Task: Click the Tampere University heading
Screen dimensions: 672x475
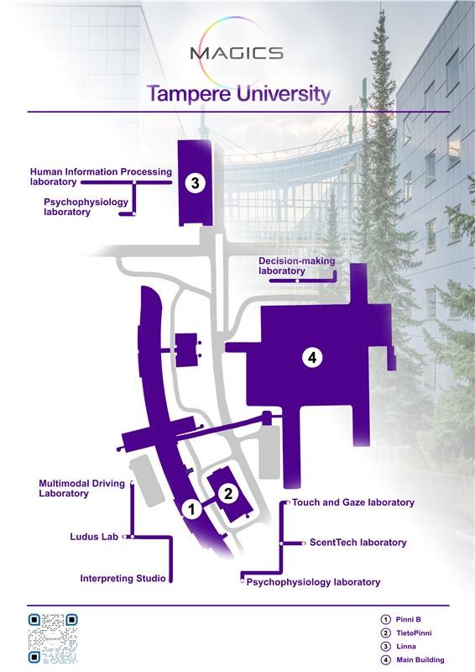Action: point(238,93)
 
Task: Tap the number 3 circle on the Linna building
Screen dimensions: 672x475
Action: point(195,182)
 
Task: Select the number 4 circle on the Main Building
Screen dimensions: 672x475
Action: point(312,357)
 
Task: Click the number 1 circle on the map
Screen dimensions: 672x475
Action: point(191,509)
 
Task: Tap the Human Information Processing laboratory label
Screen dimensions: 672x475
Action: point(101,176)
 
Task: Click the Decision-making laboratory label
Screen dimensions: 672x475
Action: point(296,266)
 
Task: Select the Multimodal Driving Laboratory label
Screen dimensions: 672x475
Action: point(82,489)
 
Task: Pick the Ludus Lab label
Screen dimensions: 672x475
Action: point(94,536)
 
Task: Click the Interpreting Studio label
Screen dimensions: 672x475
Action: point(123,578)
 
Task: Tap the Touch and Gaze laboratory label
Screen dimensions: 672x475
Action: point(353,502)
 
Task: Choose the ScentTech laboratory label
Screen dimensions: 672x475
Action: point(358,543)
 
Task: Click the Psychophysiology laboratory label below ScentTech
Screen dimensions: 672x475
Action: point(313,581)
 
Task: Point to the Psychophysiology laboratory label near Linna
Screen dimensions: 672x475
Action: point(79,207)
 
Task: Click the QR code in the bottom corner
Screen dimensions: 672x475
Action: point(53,638)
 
